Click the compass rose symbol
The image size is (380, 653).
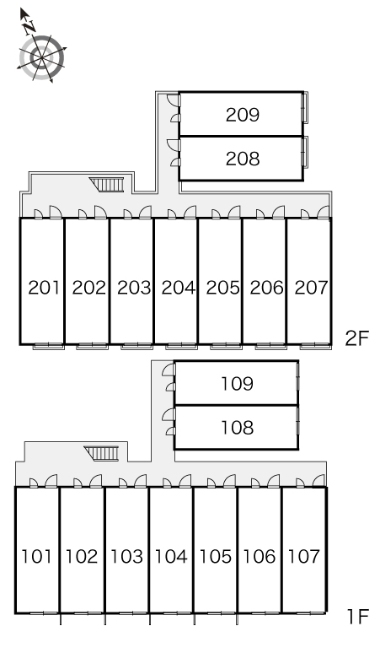click(41, 57)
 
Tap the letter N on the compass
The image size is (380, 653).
click(29, 28)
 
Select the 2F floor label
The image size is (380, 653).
click(357, 338)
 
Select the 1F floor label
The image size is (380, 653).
click(358, 617)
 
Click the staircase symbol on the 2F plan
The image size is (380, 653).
click(107, 184)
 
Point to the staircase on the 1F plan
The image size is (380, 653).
click(102, 453)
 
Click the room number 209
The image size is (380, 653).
click(243, 115)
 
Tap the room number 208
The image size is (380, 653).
click(243, 159)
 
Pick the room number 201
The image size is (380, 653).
click(44, 288)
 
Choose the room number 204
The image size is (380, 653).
click(178, 288)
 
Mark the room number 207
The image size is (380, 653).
click(311, 288)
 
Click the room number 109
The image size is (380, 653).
click(237, 384)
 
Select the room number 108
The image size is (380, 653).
click(237, 427)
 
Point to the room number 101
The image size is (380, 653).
click(36, 556)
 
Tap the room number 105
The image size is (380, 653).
click(216, 556)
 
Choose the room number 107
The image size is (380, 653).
click(304, 556)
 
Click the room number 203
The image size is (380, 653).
click(134, 288)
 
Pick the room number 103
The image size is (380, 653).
click(126, 556)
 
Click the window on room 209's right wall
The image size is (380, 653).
click(306, 107)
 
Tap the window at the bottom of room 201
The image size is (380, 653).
click(49, 346)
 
